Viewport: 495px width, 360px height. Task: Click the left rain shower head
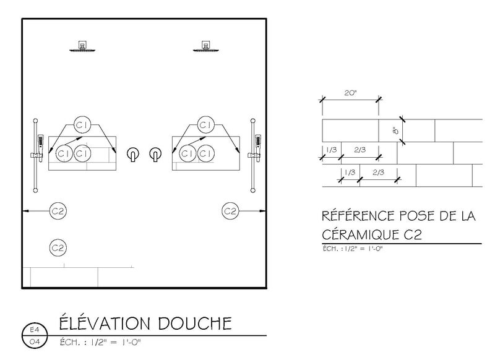tap(82, 46)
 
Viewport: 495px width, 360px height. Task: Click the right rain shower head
tap(205, 46)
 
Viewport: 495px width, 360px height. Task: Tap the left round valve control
tap(133, 154)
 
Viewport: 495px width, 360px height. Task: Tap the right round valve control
tap(155, 154)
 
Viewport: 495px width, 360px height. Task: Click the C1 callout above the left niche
tap(82, 124)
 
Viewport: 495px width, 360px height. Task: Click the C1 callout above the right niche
tap(205, 124)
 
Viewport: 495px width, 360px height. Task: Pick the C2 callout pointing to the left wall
tap(58, 211)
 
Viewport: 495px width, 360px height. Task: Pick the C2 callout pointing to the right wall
tap(230, 211)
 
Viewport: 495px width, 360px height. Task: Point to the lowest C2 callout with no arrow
tap(58, 247)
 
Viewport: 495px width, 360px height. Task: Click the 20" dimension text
tap(350, 93)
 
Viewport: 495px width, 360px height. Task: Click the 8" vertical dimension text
tap(396, 130)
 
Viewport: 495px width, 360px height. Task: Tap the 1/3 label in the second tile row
tap(331, 150)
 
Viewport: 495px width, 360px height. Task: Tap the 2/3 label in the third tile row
tap(378, 173)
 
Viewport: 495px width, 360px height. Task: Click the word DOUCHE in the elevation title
tap(195, 324)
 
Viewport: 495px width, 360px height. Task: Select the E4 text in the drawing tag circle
tap(35, 330)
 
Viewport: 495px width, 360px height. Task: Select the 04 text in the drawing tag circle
tap(35, 341)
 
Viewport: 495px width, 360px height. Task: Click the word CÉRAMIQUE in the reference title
tap(360, 234)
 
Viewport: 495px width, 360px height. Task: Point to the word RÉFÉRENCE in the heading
tap(358, 216)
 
